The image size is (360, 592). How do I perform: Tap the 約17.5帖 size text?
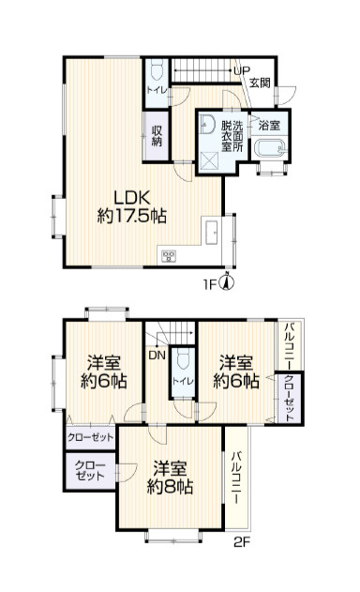(131, 216)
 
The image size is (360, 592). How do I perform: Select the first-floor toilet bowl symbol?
(156, 70)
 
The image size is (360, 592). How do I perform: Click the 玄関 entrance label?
(260, 83)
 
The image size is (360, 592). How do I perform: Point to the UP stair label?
(242, 70)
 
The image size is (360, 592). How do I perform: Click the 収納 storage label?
(157, 136)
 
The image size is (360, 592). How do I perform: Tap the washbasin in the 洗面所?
(207, 124)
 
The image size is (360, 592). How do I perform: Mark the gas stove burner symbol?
(169, 256)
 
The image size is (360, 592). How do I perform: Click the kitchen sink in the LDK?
(211, 233)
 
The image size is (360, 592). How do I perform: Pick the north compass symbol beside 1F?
(228, 282)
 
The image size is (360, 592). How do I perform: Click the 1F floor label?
(211, 283)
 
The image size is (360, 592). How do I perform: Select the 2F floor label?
(242, 542)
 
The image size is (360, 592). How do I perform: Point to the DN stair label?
(157, 355)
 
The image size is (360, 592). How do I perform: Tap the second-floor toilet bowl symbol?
(183, 359)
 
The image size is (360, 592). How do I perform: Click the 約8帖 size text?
(170, 488)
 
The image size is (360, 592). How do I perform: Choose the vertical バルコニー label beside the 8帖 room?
(236, 478)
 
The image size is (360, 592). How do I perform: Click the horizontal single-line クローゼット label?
(91, 437)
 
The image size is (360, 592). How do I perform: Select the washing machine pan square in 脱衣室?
(209, 161)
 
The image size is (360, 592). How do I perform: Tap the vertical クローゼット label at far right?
(289, 398)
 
